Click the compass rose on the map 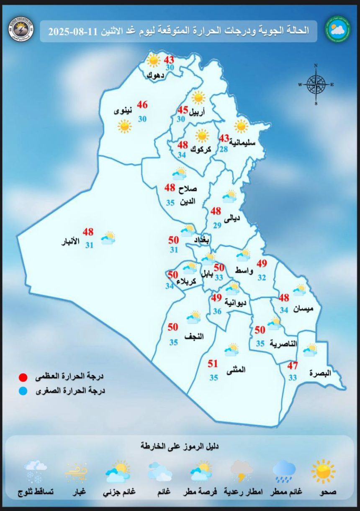(316, 85)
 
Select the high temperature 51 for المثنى (213, 364)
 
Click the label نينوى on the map (123, 111)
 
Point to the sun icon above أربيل (198, 98)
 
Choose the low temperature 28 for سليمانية (224, 150)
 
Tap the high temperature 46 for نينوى (142, 105)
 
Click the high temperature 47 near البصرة (292, 366)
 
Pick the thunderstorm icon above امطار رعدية (242, 471)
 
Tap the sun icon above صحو (323, 471)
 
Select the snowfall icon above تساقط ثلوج (35, 471)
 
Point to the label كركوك (199, 150)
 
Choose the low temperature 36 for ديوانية (217, 311)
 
